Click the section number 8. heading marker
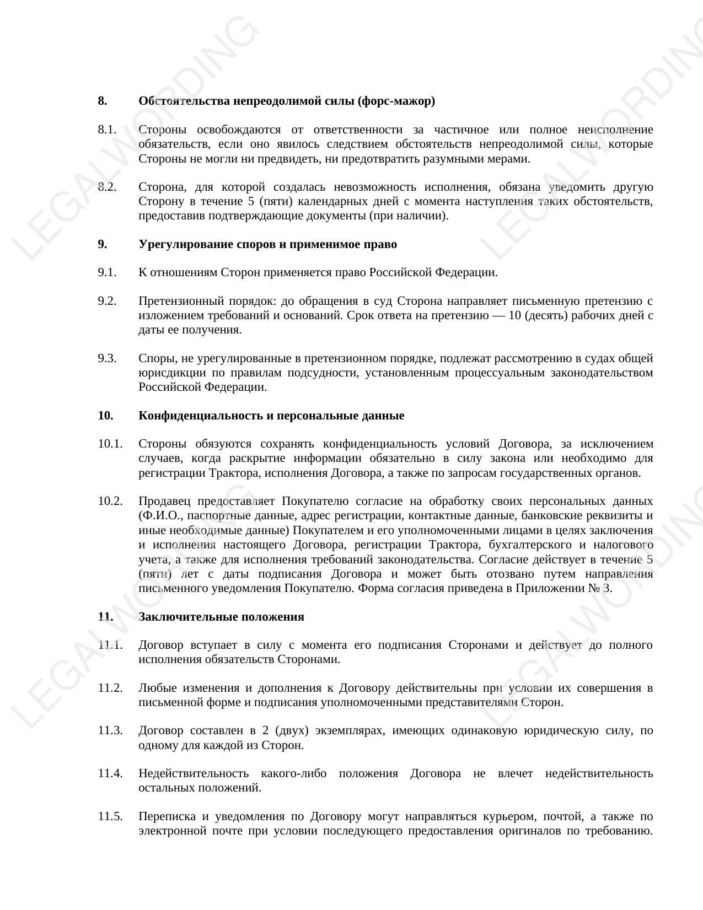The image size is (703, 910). (x=103, y=101)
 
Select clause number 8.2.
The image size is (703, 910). (x=108, y=187)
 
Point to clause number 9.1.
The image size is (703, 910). (x=108, y=272)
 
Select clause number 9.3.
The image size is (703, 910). (x=108, y=358)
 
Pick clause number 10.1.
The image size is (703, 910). (x=110, y=444)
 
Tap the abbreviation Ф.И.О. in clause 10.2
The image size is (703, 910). (x=159, y=516)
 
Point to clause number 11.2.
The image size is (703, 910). (x=110, y=688)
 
